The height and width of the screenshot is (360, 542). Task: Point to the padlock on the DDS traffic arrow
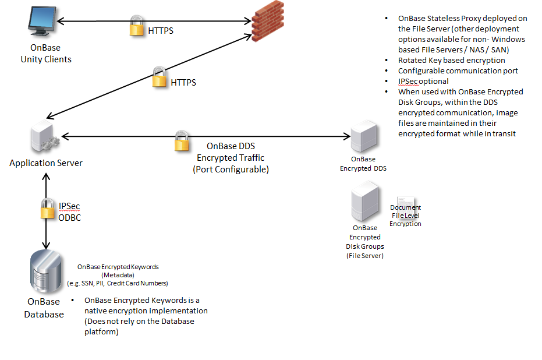182,142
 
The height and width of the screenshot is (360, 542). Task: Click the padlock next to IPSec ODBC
47,209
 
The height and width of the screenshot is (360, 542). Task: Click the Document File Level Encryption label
405,215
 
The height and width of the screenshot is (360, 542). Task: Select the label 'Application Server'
46,163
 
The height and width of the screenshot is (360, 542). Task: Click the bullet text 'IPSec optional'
423,81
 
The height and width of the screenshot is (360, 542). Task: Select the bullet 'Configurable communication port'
458,70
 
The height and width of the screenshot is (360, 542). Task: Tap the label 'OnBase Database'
44,308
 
